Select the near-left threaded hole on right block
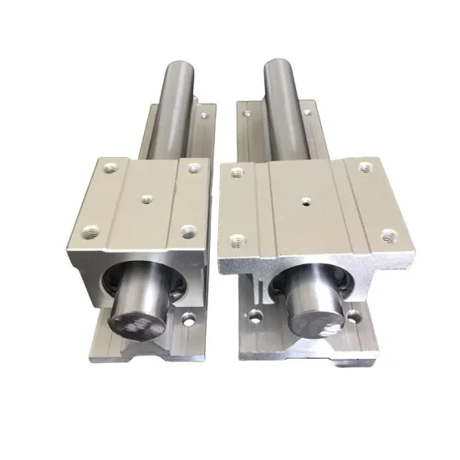pos(237,243)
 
